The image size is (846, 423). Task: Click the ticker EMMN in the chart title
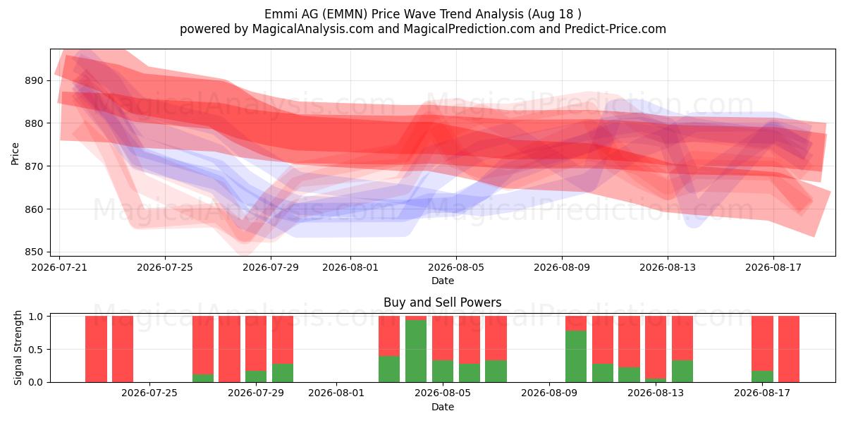click(x=347, y=14)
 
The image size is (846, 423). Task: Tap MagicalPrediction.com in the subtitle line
click(x=469, y=29)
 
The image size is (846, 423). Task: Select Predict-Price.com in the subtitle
click(x=615, y=29)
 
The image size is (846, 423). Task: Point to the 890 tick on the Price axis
click(x=34, y=80)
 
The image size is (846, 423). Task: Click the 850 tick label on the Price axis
click(x=34, y=252)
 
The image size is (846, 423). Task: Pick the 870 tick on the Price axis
click(x=34, y=166)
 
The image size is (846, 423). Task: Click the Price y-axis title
click(x=15, y=154)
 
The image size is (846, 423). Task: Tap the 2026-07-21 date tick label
click(x=59, y=267)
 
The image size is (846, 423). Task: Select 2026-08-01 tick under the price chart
click(x=350, y=267)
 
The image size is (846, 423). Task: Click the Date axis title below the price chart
click(x=443, y=281)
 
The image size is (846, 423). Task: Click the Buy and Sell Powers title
click(x=443, y=302)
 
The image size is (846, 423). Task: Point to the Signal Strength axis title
click(x=18, y=348)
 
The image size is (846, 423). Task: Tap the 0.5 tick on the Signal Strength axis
click(x=36, y=350)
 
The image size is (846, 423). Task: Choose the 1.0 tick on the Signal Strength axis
click(x=36, y=316)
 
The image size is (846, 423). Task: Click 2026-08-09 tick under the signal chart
click(x=549, y=393)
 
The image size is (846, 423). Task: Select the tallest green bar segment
click(x=416, y=351)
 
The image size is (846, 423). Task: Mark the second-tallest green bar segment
click(x=576, y=356)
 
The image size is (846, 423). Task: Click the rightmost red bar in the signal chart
click(x=789, y=349)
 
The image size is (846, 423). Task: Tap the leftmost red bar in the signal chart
click(x=96, y=349)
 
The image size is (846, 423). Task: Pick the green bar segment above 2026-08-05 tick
click(x=443, y=372)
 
